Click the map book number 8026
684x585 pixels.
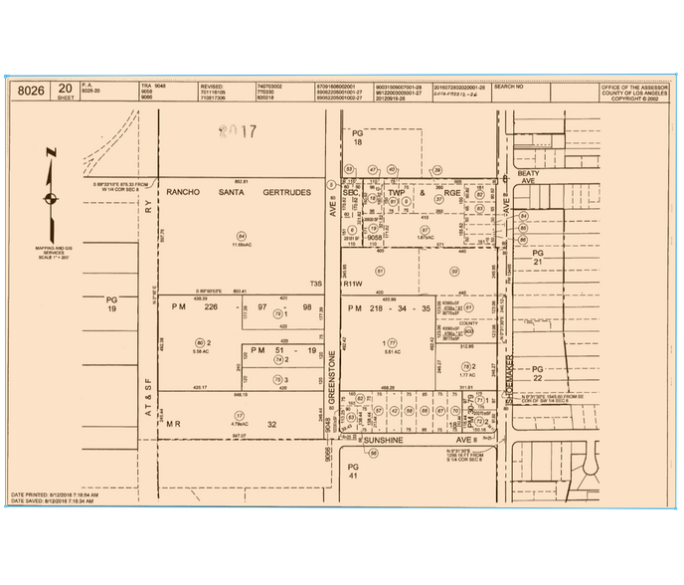(32, 91)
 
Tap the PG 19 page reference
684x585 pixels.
(111, 304)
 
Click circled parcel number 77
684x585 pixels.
(392, 343)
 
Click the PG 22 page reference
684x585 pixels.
(539, 371)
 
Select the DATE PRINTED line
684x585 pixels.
(55, 493)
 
